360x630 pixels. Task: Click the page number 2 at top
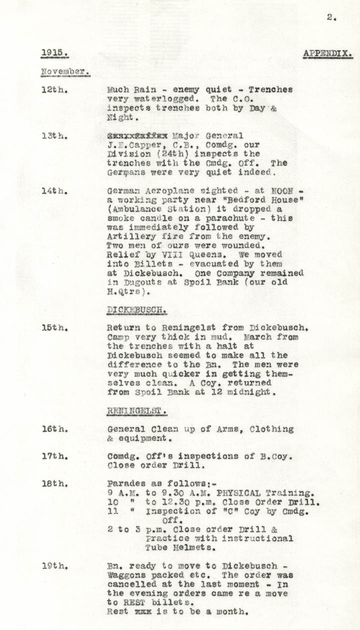click(x=331, y=17)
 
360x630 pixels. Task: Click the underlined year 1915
click(x=54, y=52)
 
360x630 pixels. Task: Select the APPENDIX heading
click(x=327, y=53)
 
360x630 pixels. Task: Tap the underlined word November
click(x=65, y=71)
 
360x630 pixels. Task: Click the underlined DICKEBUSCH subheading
click(x=136, y=310)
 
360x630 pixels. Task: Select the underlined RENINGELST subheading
click(x=136, y=411)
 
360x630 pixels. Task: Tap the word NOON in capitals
click(x=284, y=191)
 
